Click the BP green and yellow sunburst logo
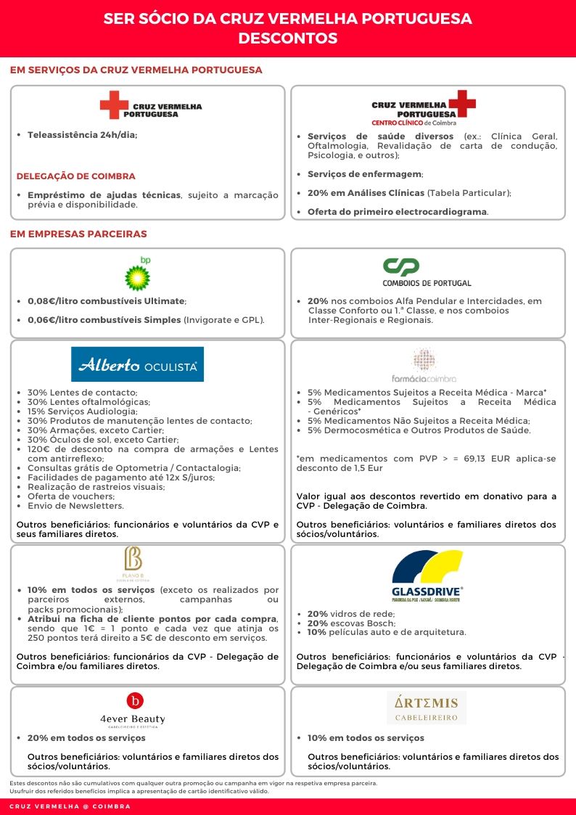(137, 275)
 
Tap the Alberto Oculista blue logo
(137, 364)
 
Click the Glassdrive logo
(427, 576)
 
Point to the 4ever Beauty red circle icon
(135, 700)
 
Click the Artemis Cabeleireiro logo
(427, 708)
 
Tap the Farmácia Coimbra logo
(424, 365)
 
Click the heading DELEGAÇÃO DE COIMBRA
(75, 176)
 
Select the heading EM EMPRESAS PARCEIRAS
(78, 234)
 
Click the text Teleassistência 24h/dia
(82, 135)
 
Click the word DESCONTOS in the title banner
(288, 38)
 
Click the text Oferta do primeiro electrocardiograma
(398, 212)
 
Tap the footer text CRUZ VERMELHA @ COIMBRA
(70, 807)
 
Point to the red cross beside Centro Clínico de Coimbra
(461, 105)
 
